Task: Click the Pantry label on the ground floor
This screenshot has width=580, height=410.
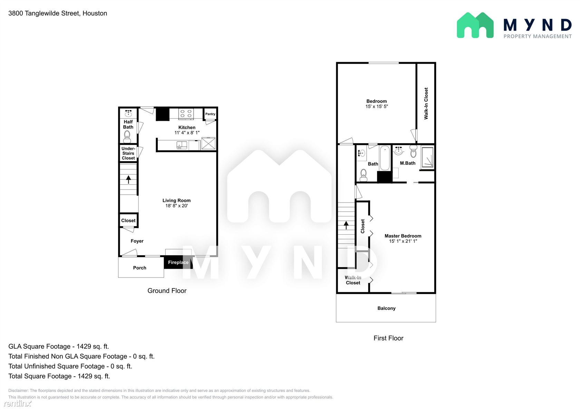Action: pos(210,114)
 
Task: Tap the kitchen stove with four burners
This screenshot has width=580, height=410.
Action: pos(186,114)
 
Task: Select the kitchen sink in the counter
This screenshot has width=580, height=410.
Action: pos(182,145)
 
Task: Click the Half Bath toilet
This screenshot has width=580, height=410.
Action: pos(127,136)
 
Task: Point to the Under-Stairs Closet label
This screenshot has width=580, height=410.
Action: pos(128,153)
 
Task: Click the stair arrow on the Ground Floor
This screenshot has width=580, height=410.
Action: pos(128,179)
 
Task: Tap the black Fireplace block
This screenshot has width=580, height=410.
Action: pos(178,262)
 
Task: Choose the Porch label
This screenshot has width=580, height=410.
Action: pos(139,268)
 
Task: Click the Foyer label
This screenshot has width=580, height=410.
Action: pos(137,241)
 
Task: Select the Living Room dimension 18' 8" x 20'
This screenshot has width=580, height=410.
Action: pos(177,206)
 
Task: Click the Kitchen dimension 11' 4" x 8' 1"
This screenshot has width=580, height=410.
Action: pos(187,133)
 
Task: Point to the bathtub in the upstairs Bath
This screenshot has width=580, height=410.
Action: pos(385,158)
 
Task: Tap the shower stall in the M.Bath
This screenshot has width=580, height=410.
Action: pos(427,157)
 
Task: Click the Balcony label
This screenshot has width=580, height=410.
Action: pos(386,308)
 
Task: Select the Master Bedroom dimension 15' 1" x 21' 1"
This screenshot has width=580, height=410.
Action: pos(403,241)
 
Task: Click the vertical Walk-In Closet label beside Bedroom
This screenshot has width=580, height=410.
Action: pos(426,104)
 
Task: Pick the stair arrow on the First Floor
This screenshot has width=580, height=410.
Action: pos(346,225)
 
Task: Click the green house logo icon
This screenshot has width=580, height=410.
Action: pos(475,25)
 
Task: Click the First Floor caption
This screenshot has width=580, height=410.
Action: pos(388,338)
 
